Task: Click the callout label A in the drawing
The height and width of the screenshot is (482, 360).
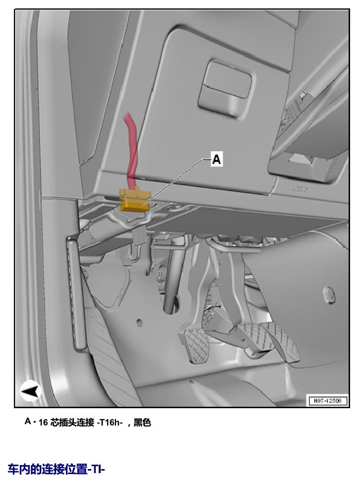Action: (217, 159)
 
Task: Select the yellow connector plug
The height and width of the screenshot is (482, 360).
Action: (135, 201)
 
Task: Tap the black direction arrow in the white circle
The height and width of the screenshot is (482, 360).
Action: (31, 391)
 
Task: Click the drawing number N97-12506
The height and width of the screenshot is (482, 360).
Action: (327, 401)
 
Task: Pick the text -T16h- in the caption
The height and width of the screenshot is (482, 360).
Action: (110, 423)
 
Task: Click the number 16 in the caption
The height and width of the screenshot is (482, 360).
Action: (43, 423)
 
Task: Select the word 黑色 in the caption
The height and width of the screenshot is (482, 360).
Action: (142, 423)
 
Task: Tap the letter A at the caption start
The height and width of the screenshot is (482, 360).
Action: (28, 422)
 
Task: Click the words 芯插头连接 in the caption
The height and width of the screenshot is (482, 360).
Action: (72, 423)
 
